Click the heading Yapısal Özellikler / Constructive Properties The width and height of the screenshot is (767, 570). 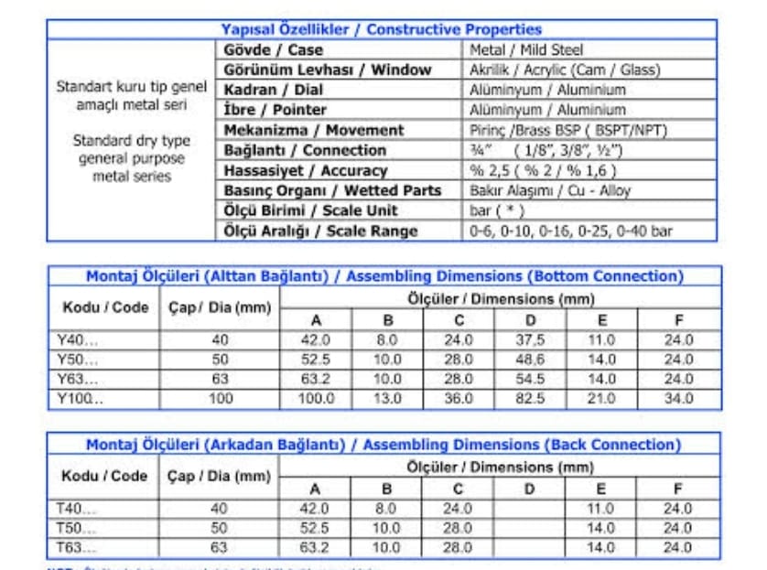382,29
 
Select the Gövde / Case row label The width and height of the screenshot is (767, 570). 273,49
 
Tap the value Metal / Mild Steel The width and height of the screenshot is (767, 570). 525,49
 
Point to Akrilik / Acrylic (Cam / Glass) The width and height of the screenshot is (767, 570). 564,70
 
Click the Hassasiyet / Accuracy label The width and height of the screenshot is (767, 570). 305,170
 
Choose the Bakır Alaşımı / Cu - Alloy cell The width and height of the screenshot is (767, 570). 549,190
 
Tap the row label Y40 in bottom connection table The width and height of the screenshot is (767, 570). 77,339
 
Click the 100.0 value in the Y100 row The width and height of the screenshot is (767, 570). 316,398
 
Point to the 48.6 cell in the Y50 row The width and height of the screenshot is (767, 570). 530,360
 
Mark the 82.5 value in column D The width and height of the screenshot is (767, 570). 530,398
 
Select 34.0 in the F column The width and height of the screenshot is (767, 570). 678,398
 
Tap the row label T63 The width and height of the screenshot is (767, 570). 77,547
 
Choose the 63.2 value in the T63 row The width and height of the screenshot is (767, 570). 315,547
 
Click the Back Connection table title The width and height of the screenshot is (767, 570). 383,445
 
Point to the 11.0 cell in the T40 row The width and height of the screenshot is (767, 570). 600,509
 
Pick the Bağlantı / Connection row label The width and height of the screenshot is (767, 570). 305,150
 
